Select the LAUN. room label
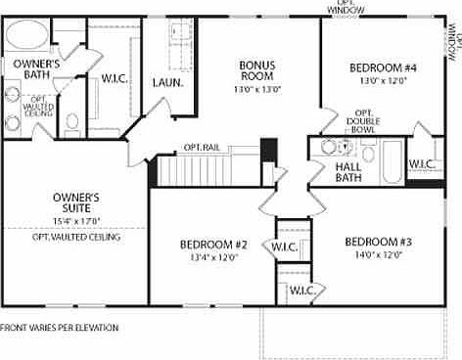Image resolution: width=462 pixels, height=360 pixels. click(167, 84)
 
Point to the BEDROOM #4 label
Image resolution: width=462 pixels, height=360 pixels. click(383, 67)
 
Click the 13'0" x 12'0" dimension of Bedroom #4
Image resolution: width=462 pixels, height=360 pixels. click(383, 81)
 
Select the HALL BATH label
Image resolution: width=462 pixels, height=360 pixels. click(348, 172)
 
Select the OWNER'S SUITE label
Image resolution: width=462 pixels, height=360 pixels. click(76, 202)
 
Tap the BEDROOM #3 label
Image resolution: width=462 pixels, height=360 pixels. click(378, 242)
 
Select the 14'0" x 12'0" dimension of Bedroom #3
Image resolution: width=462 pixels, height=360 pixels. click(378, 255)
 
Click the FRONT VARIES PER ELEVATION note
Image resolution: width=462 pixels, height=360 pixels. click(60, 327)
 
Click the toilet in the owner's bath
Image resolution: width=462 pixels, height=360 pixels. click(72, 124)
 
